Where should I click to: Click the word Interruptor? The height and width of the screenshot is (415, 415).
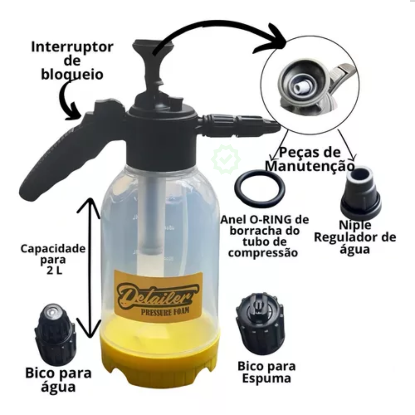72,47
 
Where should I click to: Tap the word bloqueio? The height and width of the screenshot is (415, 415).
72,74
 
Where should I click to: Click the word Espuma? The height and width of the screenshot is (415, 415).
267,379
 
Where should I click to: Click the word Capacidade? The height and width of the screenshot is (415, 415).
53,249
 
